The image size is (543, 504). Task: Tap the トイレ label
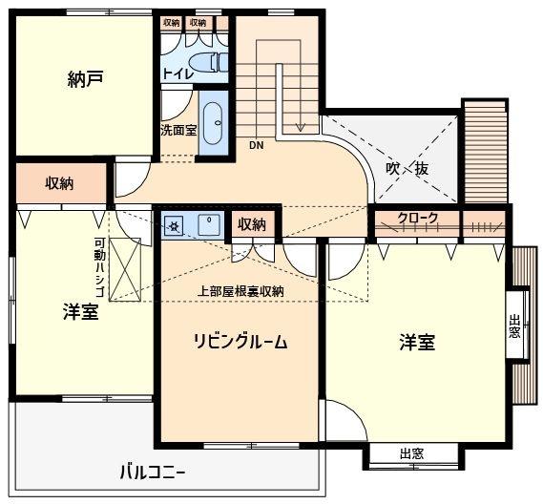178,73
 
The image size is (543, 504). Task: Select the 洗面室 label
178,130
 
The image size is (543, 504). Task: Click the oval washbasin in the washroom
214,122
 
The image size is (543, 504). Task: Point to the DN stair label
256,146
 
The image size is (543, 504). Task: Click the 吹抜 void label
407,168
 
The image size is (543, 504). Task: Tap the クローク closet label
418,219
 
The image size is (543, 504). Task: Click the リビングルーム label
240,342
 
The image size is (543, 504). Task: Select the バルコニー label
152,472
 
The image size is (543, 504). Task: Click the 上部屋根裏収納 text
240,291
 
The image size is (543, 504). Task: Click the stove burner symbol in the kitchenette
175,226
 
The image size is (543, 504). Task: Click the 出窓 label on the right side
515,327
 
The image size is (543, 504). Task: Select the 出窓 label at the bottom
411,454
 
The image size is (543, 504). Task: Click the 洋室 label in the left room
80,312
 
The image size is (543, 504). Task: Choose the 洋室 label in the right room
417,342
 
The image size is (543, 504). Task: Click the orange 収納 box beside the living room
251,224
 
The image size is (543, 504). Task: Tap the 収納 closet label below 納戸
60,183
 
